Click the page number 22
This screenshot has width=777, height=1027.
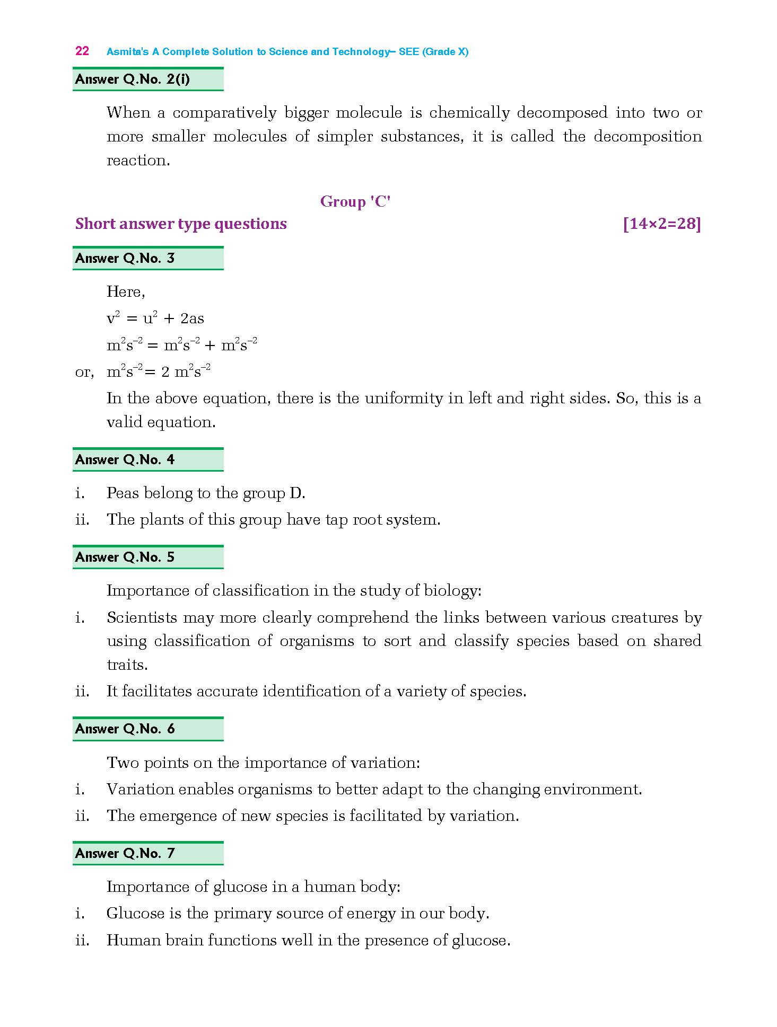pyautogui.click(x=82, y=51)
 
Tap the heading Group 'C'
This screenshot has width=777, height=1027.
pyautogui.click(x=355, y=202)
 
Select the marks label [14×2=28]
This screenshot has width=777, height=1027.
pyautogui.click(x=662, y=224)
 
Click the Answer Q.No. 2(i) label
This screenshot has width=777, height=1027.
pyautogui.click(x=133, y=79)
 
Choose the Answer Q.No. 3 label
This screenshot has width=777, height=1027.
pyautogui.click(x=125, y=259)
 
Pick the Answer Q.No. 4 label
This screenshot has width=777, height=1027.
pyautogui.click(x=125, y=460)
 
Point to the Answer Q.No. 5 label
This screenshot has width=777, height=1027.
pyautogui.click(x=125, y=557)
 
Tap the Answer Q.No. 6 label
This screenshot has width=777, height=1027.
pyautogui.click(x=125, y=729)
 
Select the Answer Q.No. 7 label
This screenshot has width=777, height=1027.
pyautogui.click(x=125, y=854)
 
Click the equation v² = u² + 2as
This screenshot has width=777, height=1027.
pyautogui.click(x=155, y=318)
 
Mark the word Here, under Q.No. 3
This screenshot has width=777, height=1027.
pyautogui.click(x=126, y=292)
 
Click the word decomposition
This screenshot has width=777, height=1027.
pyautogui.click(x=648, y=137)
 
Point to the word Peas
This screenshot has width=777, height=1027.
pyautogui.click(x=123, y=493)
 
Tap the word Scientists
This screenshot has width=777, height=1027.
pyautogui.click(x=142, y=618)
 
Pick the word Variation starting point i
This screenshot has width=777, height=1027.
pyautogui.click(x=140, y=790)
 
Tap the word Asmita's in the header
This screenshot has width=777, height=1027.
pyautogui.click(x=127, y=52)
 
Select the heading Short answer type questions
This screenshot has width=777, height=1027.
pyautogui.click(x=181, y=224)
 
